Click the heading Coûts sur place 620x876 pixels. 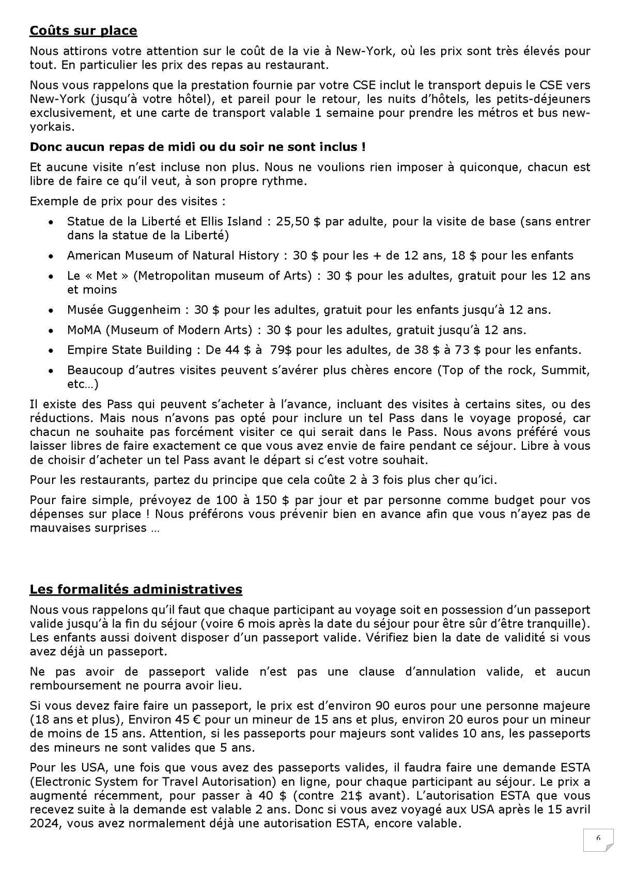[x=83, y=30]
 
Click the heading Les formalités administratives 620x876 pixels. [x=135, y=589]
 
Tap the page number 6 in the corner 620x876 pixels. [x=598, y=838]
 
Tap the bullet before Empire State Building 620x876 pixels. [x=51, y=351]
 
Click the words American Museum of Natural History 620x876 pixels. [x=173, y=255]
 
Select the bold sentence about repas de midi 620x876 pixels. [x=197, y=147]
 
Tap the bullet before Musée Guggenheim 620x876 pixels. [x=51, y=311]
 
